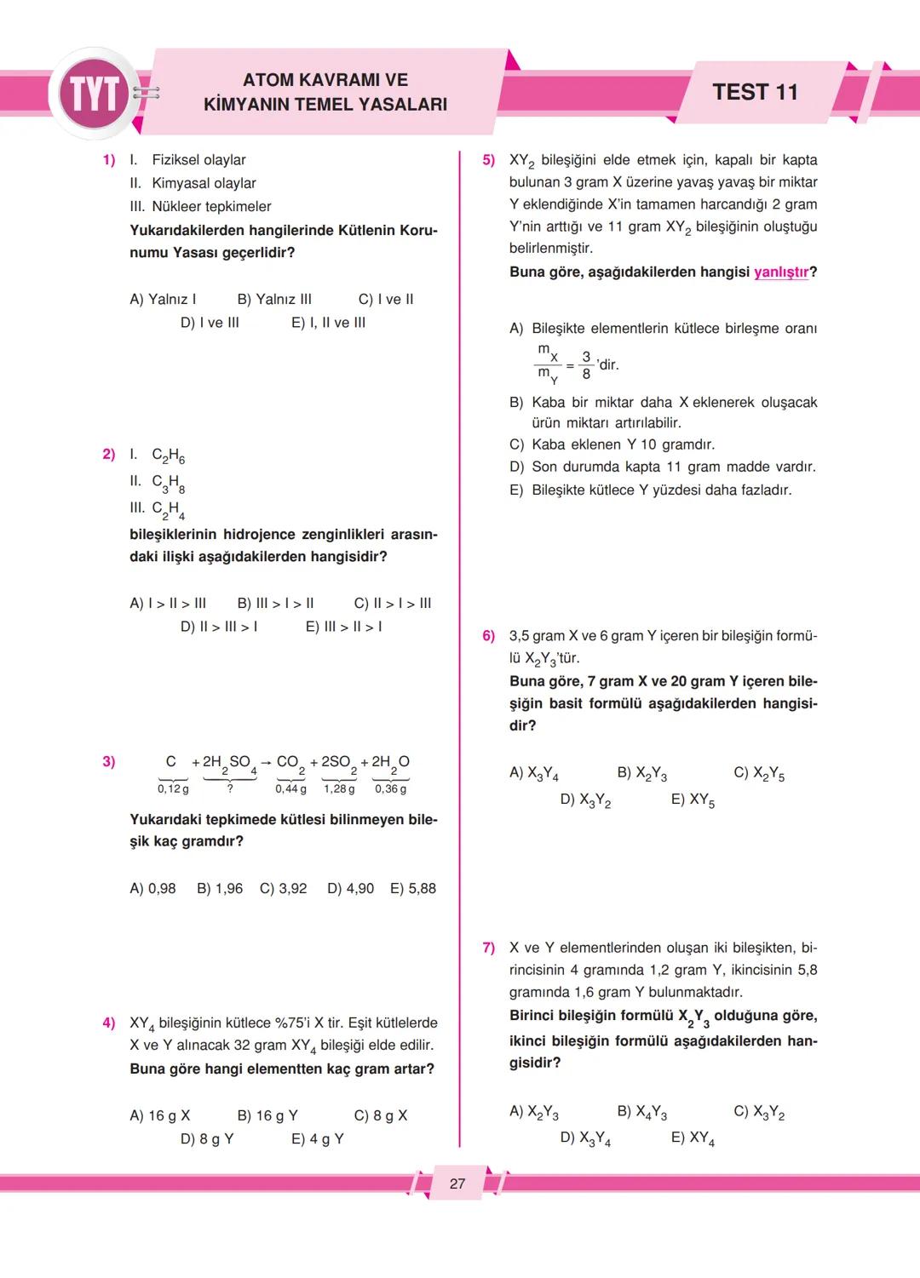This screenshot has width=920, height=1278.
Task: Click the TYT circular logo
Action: pyautogui.click(x=94, y=94)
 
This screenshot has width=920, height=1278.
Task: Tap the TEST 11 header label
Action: pyautogui.click(x=755, y=93)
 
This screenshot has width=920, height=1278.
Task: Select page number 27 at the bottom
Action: pyautogui.click(x=457, y=1183)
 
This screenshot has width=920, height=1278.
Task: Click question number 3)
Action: pyautogui.click(x=109, y=761)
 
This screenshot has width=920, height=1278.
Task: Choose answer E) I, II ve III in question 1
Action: pyautogui.click(x=328, y=323)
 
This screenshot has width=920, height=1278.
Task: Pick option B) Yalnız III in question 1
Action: pyautogui.click(x=274, y=299)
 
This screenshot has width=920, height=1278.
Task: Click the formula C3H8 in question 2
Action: pyautogui.click(x=168, y=483)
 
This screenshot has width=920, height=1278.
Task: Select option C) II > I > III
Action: pyautogui.click(x=392, y=603)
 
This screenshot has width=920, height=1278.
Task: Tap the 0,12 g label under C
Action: pyautogui.click(x=173, y=789)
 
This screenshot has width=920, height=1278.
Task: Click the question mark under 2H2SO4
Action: pyautogui.click(x=230, y=788)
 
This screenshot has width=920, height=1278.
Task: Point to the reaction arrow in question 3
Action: pyautogui.click(x=266, y=762)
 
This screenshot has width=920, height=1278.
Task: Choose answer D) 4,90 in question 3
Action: pyautogui.click(x=350, y=888)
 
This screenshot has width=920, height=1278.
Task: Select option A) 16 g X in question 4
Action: pyautogui.click(x=160, y=1115)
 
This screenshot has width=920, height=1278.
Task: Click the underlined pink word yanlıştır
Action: pyautogui.click(x=781, y=272)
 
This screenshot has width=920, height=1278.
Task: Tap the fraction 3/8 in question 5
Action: pyautogui.click(x=586, y=365)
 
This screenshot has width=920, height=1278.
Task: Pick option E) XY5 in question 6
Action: pyautogui.click(x=693, y=800)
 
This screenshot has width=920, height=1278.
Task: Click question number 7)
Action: pyautogui.click(x=488, y=948)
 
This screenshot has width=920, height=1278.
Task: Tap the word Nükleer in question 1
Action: pyautogui.click(x=176, y=206)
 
